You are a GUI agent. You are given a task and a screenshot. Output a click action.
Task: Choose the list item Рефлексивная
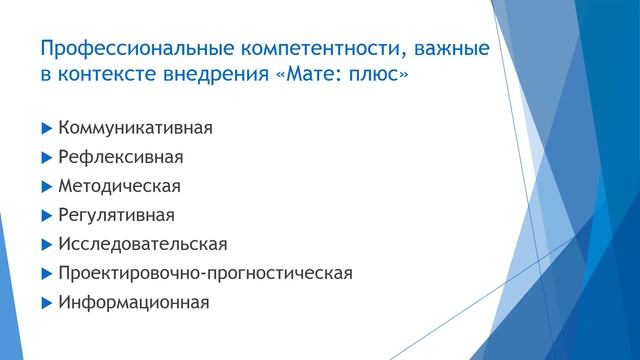pos(121,157)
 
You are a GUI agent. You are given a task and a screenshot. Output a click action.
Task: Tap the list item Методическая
pos(120,186)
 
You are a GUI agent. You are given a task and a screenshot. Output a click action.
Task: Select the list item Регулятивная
pos(117,215)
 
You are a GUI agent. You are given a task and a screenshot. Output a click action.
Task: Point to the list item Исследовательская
pos(143,244)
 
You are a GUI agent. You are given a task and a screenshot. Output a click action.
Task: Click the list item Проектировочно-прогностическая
pos(205,273)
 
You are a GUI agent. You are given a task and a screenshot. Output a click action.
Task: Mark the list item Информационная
pos(134,302)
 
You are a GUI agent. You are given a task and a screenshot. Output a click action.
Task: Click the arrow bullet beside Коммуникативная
pos(46,128)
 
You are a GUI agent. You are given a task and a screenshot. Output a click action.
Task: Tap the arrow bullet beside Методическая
pos(46,186)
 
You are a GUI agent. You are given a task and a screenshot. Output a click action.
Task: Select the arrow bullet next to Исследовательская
pos(46,244)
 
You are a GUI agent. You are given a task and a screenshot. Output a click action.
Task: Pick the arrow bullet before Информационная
pos(46,302)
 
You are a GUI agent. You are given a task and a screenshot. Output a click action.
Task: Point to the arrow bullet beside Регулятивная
pos(46,215)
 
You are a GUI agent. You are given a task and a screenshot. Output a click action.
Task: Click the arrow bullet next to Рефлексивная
pos(46,157)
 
